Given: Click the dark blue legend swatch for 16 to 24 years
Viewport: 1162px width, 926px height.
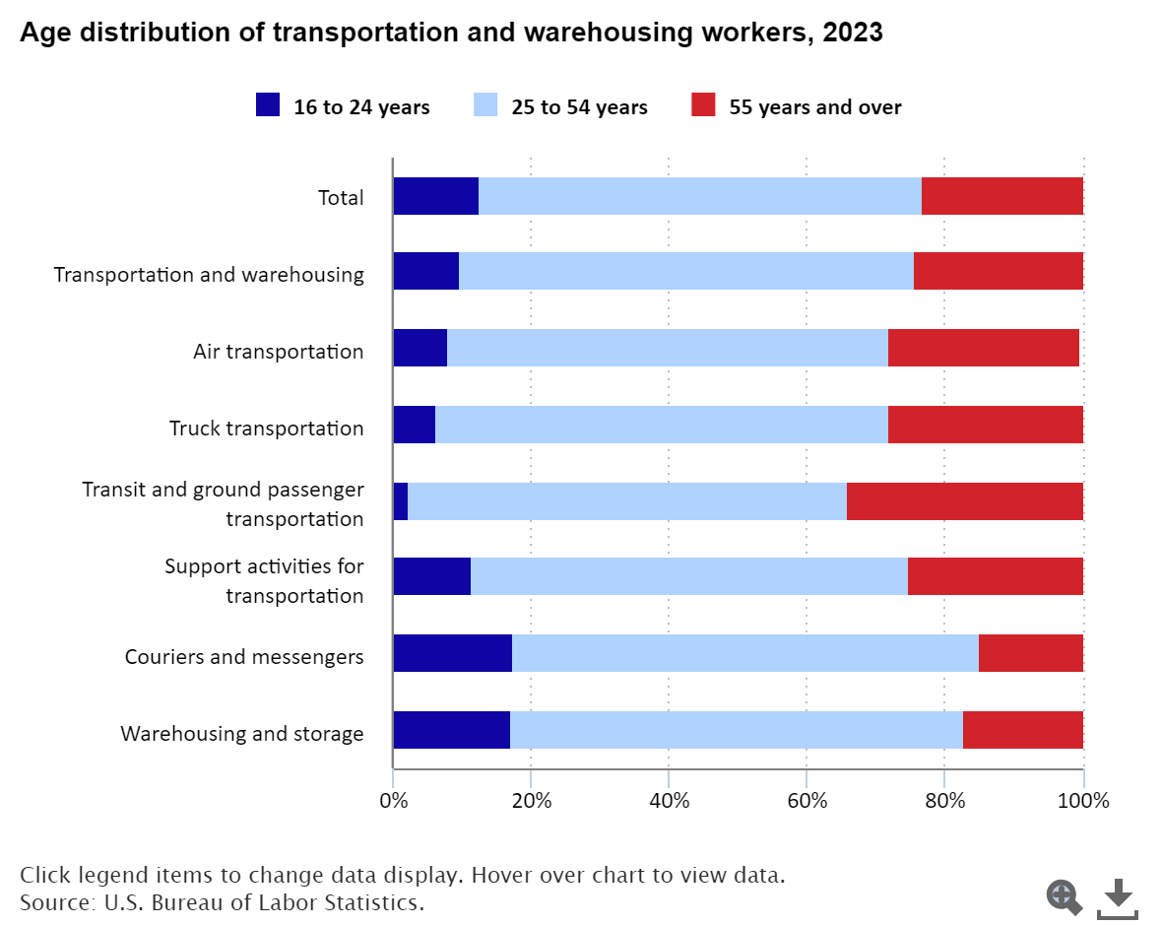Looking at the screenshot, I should click(x=268, y=104).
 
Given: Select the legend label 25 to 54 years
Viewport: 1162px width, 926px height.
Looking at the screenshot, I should click(x=579, y=107).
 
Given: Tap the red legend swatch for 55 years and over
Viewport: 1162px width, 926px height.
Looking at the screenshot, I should click(x=703, y=104).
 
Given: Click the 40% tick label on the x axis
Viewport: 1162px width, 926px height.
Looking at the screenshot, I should click(x=669, y=800).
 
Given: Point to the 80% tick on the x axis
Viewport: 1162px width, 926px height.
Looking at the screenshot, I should click(x=944, y=800).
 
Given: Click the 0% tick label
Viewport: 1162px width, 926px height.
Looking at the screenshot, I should click(x=394, y=800).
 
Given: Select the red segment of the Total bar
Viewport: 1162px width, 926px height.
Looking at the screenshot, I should click(x=1002, y=196).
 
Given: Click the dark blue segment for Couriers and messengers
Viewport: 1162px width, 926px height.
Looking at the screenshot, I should click(x=452, y=653).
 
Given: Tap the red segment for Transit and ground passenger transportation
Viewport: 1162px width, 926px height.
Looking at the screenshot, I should click(x=965, y=501).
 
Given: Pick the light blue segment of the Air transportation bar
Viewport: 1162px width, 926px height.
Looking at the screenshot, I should click(x=668, y=349).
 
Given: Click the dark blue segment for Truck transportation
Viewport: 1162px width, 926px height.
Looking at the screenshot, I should click(x=415, y=425).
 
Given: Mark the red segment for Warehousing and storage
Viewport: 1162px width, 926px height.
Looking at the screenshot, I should click(x=1023, y=730).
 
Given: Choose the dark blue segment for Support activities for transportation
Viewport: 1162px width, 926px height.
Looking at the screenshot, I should click(x=432, y=576).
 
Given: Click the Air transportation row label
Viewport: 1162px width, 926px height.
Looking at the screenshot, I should click(x=279, y=352).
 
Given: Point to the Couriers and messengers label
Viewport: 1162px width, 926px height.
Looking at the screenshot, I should click(x=244, y=657).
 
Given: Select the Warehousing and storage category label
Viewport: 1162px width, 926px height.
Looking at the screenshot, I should click(x=242, y=734).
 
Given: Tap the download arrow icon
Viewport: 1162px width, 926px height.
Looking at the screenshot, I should click(x=1117, y=896).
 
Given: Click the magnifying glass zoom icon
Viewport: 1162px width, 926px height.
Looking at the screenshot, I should click(x=1064, y=896).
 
